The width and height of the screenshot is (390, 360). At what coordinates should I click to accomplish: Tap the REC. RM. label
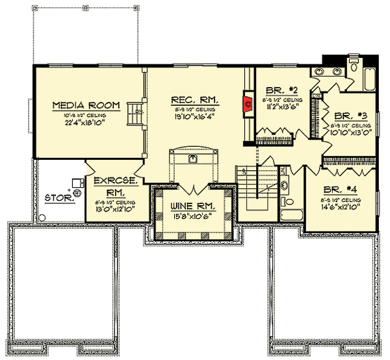click(195, 99)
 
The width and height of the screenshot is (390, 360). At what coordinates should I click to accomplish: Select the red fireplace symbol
click(247, 102)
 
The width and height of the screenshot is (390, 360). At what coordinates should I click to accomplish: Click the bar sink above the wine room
click(192, 159)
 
